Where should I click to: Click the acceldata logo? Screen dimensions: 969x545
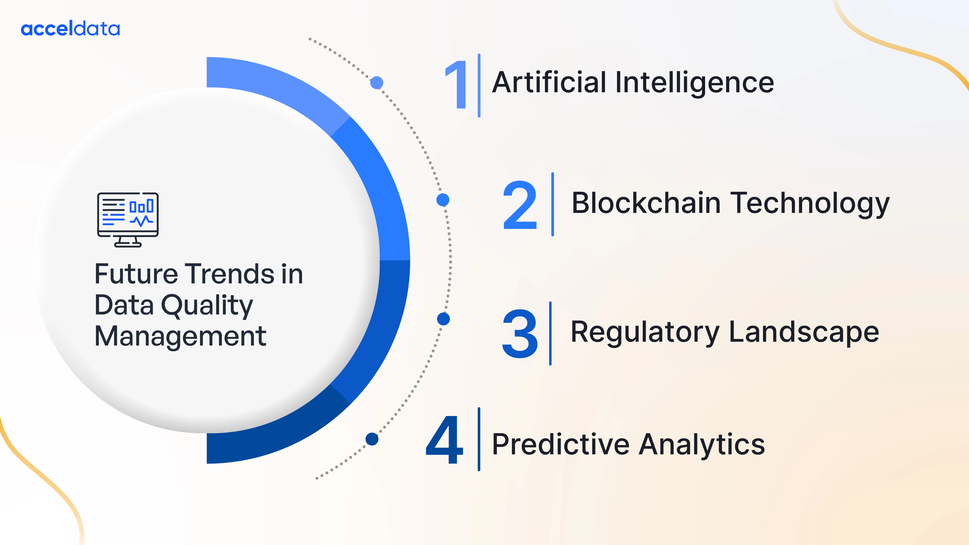point(70,29)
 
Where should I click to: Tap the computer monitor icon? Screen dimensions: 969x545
point(128,220)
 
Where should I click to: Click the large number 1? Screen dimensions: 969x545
point(456,85)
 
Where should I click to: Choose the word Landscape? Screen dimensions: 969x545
point(804,333)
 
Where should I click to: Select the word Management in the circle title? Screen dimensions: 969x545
point(181,337)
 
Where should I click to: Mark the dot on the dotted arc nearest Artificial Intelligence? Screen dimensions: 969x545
point(376,82)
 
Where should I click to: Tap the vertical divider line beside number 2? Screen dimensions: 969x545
point(553,204)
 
